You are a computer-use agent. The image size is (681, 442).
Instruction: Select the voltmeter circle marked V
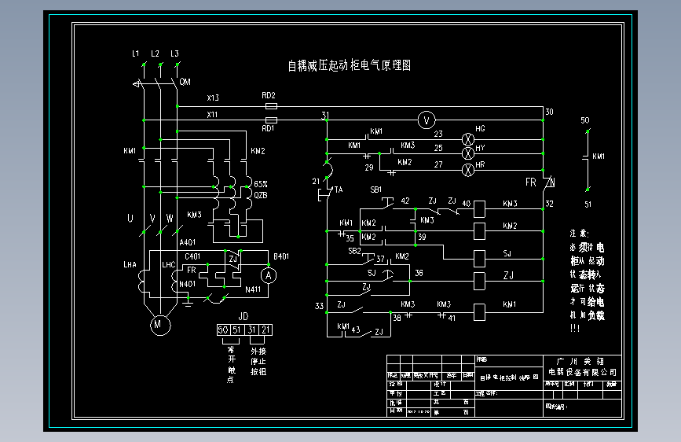pyautogui.click(x=426, y=120)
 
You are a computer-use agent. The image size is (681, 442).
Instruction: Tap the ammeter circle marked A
pyautogui.click(x=269, y=275)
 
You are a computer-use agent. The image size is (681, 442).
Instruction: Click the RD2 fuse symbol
pyautogui.click(x=271, y=105)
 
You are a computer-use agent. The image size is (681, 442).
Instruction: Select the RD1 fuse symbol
pyautogui.click(x=271, y=120)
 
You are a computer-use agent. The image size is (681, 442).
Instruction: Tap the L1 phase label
pyautogui.click(x=136, y=53)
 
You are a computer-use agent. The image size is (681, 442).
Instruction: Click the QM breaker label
pyautogui.click(x=185, y=82)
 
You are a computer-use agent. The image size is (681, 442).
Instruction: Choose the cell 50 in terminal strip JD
pyautogui.click(x=222, y=329)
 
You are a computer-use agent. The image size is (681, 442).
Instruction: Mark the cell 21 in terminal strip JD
pyautogui.click(x=266, y=329)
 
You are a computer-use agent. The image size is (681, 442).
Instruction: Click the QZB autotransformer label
pyautogui.click(x=260, y=194)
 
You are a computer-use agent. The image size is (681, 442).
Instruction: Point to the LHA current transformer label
pyautogui.click(x=130, y=265)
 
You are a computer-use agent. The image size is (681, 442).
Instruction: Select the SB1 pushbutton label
pyautogui.click(x=375, y=190)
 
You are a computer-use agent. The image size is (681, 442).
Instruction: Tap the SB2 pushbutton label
pyautogui.click(x=354, y=250)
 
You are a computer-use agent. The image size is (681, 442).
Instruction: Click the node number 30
pyautogui.click(x=548, y=112)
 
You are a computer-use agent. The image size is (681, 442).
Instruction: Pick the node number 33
pyautogui.click(x=319, y=305)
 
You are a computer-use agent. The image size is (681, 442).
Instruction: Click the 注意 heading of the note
pyautogui.click(x=578, y=234)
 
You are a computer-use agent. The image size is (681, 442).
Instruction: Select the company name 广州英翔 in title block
pyautogui.click(x=581, y=359)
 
